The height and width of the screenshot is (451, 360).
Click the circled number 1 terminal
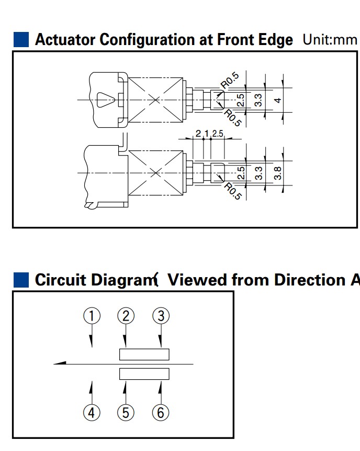(x=92, y=315)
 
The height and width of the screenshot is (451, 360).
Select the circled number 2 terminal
(x=126, y=315)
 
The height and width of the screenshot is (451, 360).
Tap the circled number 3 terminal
(x=161, y=315)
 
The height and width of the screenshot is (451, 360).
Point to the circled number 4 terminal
(x=92, y=412)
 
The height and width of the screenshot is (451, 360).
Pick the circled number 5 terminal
(x=126, y=412)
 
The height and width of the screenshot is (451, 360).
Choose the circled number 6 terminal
(x=161, y=412)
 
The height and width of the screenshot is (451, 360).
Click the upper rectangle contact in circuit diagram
(x=144, y=354)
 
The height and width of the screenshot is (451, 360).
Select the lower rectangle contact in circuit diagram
(x=144, y=373)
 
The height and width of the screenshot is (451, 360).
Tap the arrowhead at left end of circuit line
(x=59, y=363)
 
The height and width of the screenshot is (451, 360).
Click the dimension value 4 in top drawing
(x=279, y=100)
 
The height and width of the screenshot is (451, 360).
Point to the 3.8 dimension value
(x=279, y=173)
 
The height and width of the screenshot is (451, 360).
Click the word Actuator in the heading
(x=65, y=40)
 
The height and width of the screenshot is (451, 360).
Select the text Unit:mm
(x=329, y=40)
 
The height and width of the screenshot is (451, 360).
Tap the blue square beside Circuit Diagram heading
(x=21, y=280)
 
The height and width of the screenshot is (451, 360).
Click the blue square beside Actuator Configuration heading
(x=21, y=40)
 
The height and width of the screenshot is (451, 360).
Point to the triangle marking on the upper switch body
(x=105, y=98)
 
